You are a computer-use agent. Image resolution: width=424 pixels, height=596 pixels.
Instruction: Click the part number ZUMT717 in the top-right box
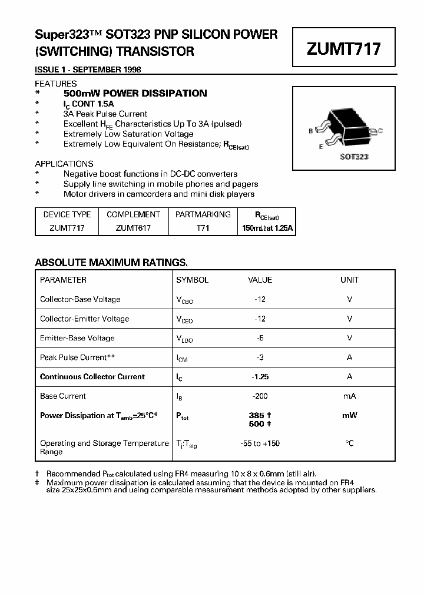point(343,49)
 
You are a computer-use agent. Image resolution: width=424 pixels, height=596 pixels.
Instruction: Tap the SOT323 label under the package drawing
point(354,157)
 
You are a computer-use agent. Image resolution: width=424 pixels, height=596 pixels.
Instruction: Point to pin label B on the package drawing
point(310,131)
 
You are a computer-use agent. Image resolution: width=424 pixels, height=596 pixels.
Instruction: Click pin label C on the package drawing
point(380,131)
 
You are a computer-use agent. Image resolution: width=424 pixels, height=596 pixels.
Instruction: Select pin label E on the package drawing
point(321,147)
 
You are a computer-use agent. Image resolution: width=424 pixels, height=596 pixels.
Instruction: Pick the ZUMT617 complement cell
point(133,228)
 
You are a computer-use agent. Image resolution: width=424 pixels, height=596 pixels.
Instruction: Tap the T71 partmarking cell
point(203,228)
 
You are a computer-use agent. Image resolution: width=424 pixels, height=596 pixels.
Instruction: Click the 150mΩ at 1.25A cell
point(266,228)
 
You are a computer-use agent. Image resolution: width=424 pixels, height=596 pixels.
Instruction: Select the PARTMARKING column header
point(203,214)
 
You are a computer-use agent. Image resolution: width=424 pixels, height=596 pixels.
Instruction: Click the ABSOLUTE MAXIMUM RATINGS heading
point(111,263)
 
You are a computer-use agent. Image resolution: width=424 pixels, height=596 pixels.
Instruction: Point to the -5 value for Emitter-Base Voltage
point(260,338)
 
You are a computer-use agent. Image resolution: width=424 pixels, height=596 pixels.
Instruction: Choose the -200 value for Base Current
point(260,396)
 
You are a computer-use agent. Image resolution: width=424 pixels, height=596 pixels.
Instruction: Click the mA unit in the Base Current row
point(349,396)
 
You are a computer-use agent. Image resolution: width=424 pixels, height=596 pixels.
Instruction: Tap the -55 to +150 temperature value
point(260,443)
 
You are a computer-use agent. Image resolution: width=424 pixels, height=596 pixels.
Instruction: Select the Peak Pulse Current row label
point(77,357)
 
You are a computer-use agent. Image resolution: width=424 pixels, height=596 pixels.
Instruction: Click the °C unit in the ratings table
point(349,443)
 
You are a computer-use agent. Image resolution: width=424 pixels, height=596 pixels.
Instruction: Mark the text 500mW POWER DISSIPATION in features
point(135,93)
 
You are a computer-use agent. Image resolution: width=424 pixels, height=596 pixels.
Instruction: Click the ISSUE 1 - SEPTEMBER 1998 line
point(88,69)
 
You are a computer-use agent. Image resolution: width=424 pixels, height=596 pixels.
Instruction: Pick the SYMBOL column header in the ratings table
point(192,280)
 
